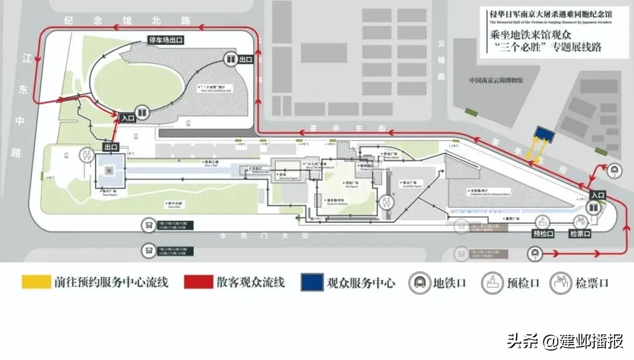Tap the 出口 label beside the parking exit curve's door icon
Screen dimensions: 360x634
[x=245, y=60]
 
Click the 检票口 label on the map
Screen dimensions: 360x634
[x=580, y=234]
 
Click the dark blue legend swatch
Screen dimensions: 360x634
[x=312, y=282]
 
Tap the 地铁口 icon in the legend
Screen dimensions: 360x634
[x=419, y=283]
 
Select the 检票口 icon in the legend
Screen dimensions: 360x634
[x=560, y=283]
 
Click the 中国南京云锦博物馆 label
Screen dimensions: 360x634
[x=495, y=80]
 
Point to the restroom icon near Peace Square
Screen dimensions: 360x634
[x=86, y=154]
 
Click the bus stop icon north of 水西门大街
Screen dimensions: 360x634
[x=147, y=226]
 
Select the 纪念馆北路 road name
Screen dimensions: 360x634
[x=128, y=21]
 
